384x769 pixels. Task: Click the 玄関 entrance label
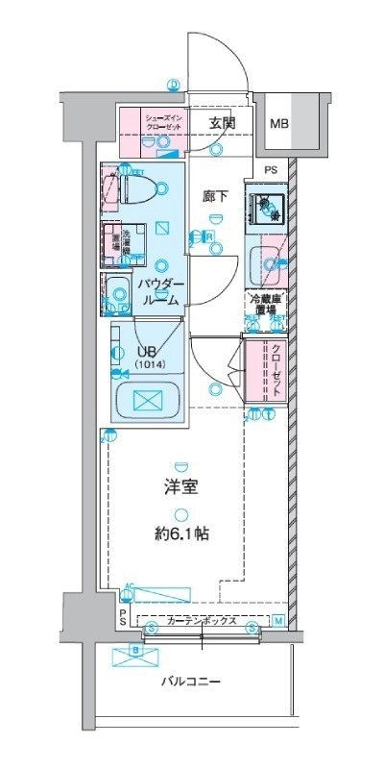tap(223, 122)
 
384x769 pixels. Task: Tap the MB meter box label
tap(278, 124)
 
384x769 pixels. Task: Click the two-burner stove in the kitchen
tap(263, 209)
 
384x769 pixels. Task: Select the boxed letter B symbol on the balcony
tap(135, 653)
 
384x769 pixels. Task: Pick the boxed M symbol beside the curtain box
tap(278, 620)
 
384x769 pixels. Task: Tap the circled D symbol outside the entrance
tap(174, 84)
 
